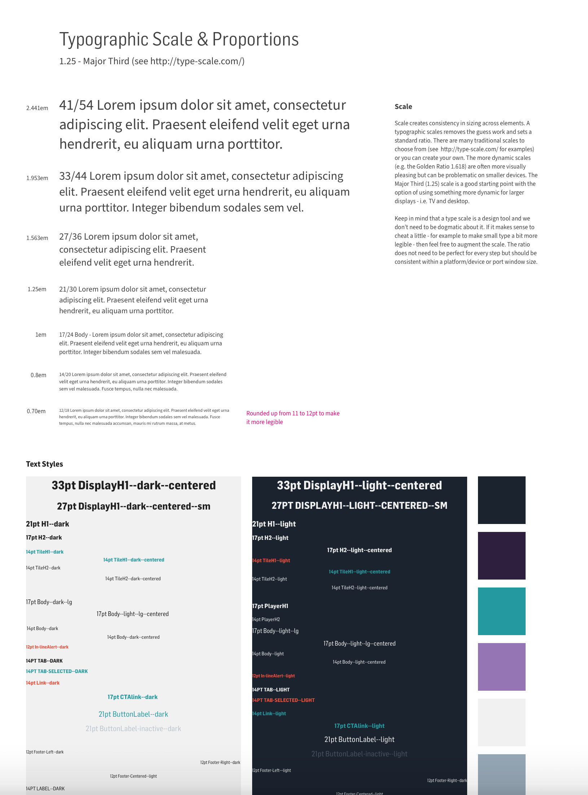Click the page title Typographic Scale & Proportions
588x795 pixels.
[179, 39]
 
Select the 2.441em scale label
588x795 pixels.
[37, 108]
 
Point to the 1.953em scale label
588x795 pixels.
[37, 178]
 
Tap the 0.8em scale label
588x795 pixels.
[38, 375]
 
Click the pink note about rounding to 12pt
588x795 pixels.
[293, 418]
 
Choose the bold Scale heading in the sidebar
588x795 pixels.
[403, 106]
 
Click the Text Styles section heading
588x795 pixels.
[44, 464]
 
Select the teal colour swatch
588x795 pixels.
[501, 611]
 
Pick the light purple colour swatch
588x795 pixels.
[501, 667]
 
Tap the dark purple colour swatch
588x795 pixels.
[501, 555]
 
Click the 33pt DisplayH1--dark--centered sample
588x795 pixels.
[133, 485]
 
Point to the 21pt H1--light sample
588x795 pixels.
[274, 524]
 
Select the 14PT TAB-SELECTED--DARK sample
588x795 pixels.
[57, 671]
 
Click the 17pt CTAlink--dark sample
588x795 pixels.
[132, 697]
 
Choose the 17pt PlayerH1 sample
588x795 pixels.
[270, 606]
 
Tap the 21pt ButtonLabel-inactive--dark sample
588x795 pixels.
[133, 729]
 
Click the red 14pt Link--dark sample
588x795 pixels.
[43, 683]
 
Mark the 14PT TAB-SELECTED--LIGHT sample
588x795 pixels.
[284, 700]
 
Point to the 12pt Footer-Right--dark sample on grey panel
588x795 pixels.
[220, 763]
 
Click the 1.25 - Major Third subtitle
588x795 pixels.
[152, 61]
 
